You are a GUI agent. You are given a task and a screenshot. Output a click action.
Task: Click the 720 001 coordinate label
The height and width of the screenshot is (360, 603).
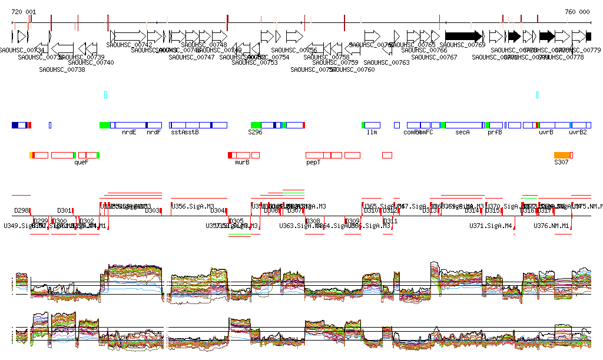pyautogui.click(x=24, y=12)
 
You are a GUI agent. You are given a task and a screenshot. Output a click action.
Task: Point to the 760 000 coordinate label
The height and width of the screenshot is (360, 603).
pyautogui.click(x=577, y=12)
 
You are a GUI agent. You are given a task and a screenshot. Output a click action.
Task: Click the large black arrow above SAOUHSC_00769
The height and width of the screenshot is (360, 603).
pyautogui.click(x=464, y=35)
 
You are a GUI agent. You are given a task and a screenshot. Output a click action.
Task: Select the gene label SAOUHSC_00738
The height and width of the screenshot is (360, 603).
pyautogui.click(x=62, y=70)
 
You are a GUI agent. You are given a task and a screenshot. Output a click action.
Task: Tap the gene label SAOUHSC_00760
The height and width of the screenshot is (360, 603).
pyautogui.click(x=352, y=70)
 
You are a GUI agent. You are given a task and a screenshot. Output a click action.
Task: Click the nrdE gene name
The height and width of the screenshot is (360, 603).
pyautogui.click(x=129, y=133)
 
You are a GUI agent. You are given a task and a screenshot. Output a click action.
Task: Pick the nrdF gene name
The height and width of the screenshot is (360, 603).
pyautogui.click(x=154, y=133)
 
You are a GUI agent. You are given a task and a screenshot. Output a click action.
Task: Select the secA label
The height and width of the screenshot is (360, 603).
pyautogui.click(x=462, y=133)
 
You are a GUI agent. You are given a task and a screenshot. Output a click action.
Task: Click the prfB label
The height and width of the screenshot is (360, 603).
pyautogui.click(x=495, y=133)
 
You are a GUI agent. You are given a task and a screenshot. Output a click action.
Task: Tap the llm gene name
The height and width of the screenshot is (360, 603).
pyautogui.click(x=372, y=133)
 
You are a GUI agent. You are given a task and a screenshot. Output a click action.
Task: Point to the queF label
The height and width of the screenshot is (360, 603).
pyautogui.click(x=81, y=162)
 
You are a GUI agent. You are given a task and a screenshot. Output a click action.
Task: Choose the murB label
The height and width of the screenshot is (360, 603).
pyautogui.click(x=242, y=162)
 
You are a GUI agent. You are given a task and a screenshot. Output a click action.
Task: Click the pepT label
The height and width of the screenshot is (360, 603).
pyautogui.click(x=313, y=162)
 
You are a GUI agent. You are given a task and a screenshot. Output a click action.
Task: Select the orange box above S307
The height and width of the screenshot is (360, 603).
pyautogui.click(x=562, y=155)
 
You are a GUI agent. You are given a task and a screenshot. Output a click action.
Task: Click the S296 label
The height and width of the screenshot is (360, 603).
pyautogui.click(x=255, y=133)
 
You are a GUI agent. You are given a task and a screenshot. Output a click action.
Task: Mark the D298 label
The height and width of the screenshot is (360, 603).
pyautogui.click(x=22, y=210)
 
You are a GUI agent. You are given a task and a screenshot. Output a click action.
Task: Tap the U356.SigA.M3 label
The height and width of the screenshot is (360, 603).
pyautogui.click(x=190, y=206)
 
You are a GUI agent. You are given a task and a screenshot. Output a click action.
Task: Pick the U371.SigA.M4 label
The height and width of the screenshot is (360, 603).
pyautogui.click(x=491, y=226)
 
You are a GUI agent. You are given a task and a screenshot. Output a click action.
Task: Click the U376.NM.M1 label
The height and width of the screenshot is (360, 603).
pyautogui.click(x=552, y=226)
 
